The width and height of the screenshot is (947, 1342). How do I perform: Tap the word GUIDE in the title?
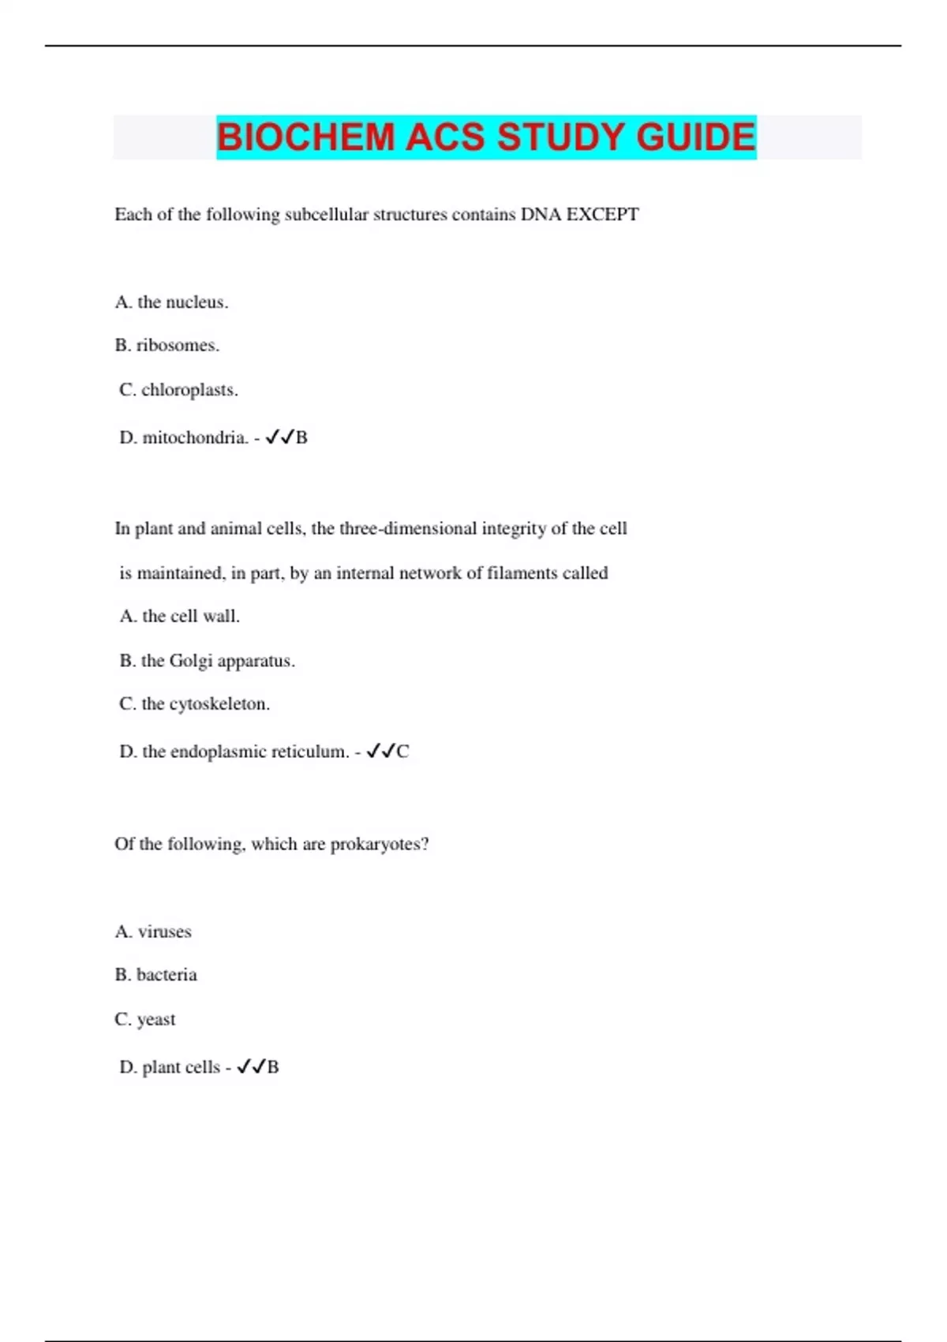pos(696,137)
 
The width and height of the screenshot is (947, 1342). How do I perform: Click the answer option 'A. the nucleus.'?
pos(171,302)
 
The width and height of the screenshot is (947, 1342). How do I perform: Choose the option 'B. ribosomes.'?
pos(167,346)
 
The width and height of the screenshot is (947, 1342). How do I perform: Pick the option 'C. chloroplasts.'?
pos(178,390)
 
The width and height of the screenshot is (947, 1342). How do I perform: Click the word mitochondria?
pos(195,437)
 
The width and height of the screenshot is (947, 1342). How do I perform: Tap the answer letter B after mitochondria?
pos(301,437)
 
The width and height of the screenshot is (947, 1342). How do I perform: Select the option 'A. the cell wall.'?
pos(179,617)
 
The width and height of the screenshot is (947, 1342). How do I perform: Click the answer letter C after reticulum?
pos(402,752)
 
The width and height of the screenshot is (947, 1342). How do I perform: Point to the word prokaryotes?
pos(379,845)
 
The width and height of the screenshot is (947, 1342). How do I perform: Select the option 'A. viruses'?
pos(153,932)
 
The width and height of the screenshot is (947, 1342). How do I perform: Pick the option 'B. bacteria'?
pos(155,975)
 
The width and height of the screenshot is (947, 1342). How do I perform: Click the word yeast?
pos(156,1020)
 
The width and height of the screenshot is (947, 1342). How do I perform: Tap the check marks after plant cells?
pos(251,1067)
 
